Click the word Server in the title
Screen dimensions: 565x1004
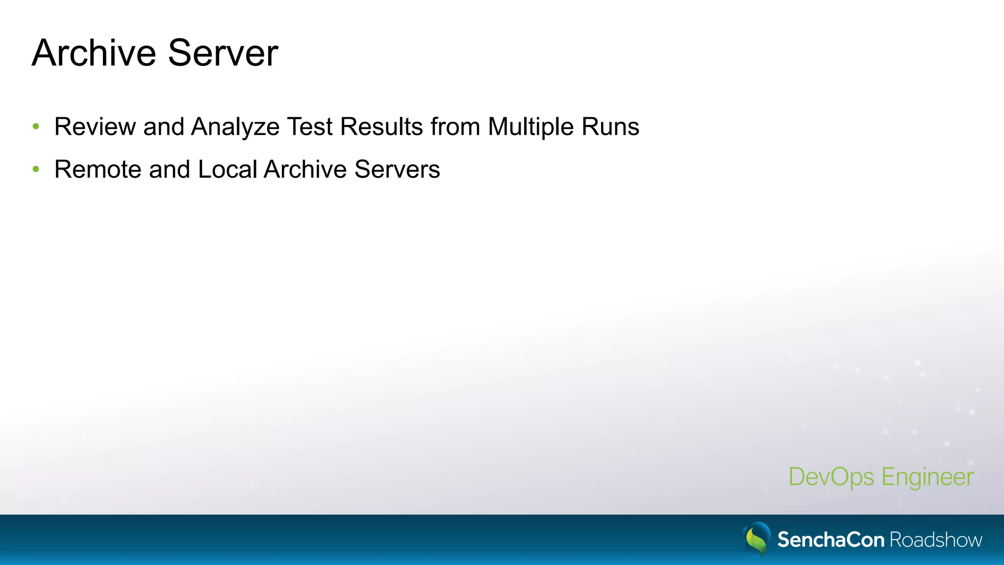click(223, 53)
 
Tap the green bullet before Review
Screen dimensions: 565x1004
click(36, 127)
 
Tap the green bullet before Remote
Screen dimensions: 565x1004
click(36, 169)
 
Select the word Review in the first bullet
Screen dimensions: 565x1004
click(95, 127)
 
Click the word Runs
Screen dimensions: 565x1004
click(610, 127)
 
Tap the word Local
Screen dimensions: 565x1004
click(227, 169)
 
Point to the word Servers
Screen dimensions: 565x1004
click(397, 169)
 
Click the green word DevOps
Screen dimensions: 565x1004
click(831, 477)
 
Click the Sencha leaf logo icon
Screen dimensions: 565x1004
click(757, 539)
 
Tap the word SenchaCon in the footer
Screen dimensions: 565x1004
click(830, 540)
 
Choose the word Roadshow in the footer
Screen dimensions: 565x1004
click(936, 540)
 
